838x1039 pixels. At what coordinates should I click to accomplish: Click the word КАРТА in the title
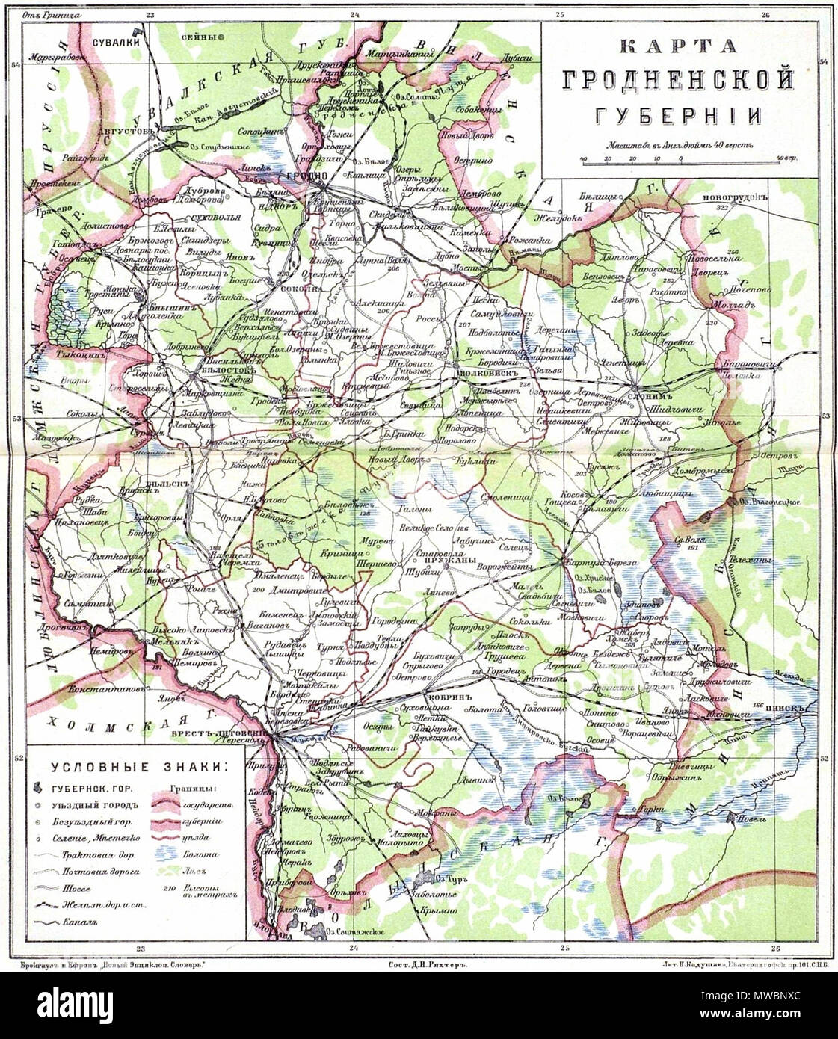click(679, 46)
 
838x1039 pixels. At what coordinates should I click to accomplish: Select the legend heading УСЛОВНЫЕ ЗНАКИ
click(140, 767)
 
